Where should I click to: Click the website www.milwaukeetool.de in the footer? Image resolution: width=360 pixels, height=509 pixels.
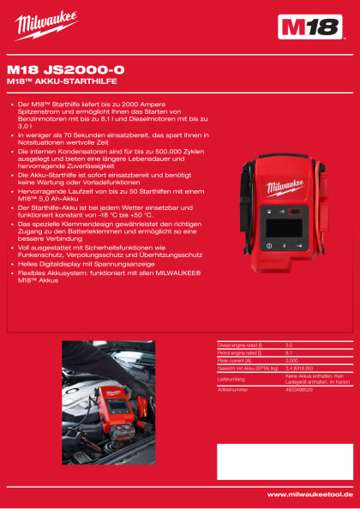(x=309, y=494)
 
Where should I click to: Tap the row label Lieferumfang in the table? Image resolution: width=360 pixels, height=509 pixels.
(x=232, y=378)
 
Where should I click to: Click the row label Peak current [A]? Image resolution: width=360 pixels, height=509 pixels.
(x=236, y=360)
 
